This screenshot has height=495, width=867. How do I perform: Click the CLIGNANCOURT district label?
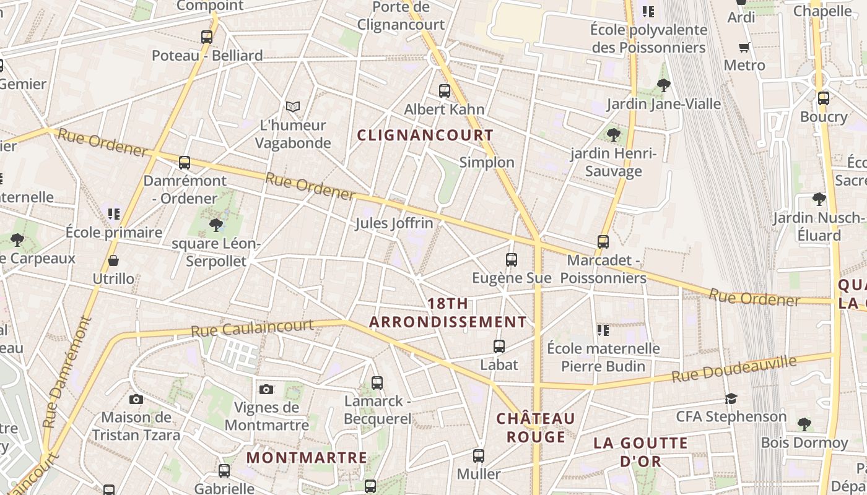[x=425, y=135]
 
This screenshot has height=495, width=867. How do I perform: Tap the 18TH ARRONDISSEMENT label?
[x=448, y=313]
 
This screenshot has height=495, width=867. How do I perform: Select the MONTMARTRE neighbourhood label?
[x=307, y=458]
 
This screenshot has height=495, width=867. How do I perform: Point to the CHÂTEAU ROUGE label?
[x=536, y=428]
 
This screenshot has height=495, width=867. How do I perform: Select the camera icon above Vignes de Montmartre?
[x=266, y=389]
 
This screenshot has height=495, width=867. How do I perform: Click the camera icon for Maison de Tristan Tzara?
[x=136, y=400]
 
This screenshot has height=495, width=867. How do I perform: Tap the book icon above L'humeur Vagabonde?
[x=293, y=107]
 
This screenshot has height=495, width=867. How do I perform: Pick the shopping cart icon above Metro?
[x=744, y=48]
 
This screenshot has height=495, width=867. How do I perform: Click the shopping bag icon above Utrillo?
[x=113, y=260]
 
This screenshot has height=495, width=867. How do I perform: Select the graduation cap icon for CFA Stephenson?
[x=731, y=398]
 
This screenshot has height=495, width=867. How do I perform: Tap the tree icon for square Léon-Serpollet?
[x=216, y=225]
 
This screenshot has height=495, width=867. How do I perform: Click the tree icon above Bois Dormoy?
[x=804, y=424]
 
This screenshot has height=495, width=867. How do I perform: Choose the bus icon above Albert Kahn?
[x=445, y=91]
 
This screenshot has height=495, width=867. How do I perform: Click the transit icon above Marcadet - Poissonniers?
[x=603, y=242]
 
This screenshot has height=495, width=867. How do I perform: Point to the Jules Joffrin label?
[x=394, y=223]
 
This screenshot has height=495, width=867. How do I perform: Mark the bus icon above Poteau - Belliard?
[x=207, y=37]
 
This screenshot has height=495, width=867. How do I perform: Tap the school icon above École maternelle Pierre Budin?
[x=603, y=330]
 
